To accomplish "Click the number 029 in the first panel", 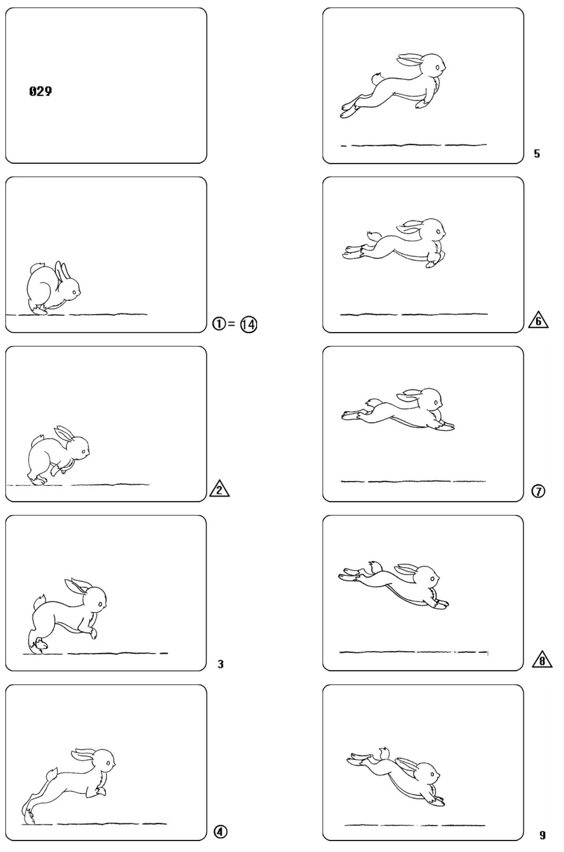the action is [40, 91].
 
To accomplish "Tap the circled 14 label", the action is [249, 324].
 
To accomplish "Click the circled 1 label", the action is [219, 324].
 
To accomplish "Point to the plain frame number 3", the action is [220, 664].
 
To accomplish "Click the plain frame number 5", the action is [537, 154].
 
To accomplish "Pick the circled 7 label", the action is [538, 491].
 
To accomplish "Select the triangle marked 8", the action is [542, 660].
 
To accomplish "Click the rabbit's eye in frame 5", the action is [437, 67].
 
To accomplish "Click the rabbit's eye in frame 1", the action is [75, 292].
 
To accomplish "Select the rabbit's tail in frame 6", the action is [374, 236].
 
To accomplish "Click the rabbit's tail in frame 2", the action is [37, 441].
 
